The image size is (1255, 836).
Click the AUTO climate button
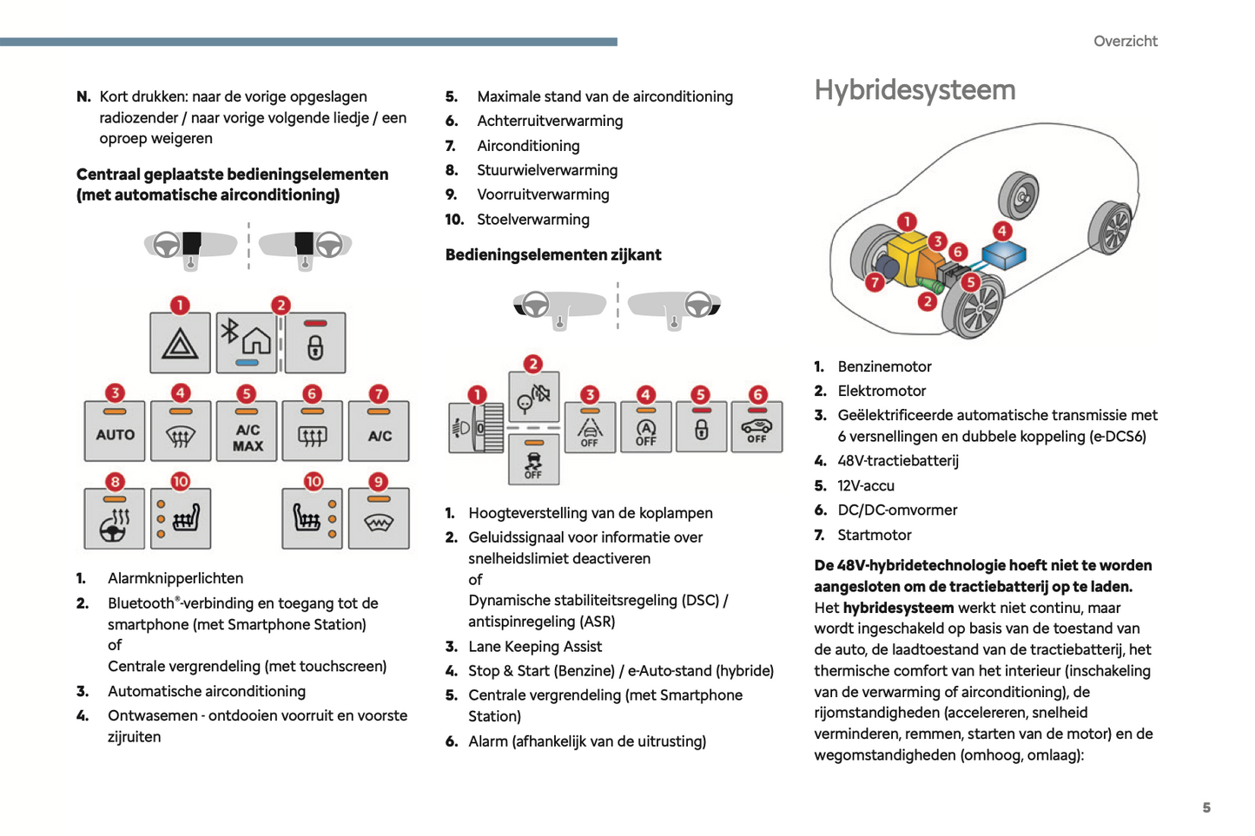tap(115, 431)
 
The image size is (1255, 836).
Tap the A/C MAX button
tap(247, 431)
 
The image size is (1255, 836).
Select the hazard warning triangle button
tap(180, 344)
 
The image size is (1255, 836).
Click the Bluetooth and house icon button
tap(246, 342)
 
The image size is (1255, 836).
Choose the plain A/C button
tap(379, 431)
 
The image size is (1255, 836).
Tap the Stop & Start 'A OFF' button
tap(645, 428)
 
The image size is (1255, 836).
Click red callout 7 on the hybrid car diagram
tap(875, 282)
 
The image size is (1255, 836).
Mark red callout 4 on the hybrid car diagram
tap(1002, 231)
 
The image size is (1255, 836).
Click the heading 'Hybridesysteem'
tap(915, 90)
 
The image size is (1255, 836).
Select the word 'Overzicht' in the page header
tap(1125, 41)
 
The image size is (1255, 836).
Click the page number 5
tap(1206, 807)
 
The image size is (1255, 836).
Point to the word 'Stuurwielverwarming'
tap(547, 170)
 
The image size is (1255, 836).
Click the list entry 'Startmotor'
tap(874, 535)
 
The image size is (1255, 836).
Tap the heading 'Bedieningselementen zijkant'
tap(553, 254)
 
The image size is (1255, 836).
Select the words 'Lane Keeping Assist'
tap(535, 646)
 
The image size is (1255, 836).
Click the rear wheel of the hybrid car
tap(1020, 195)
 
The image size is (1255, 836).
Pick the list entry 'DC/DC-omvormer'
tap(897, 510)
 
